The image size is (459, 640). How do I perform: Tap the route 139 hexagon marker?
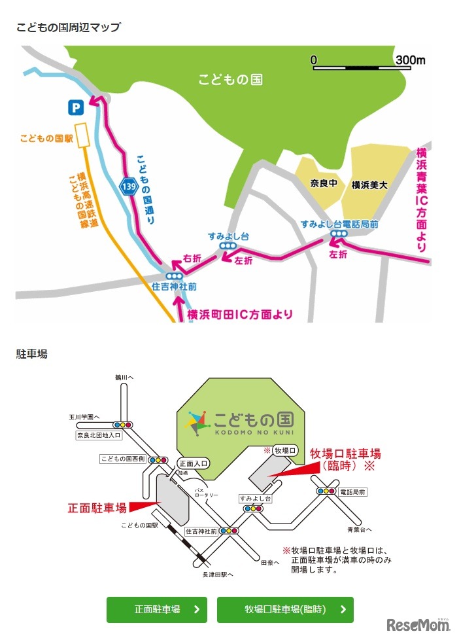(x=129, y=187)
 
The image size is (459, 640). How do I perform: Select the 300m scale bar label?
(x=410, y=60)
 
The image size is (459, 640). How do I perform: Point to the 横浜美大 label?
(x=369, y=185)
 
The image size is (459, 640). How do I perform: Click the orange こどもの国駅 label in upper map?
(x=44, y=138)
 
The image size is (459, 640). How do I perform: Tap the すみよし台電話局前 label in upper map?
(x=339, y=223)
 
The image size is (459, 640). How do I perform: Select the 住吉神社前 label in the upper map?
(x=174, y=287)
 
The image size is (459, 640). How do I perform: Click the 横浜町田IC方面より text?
(x=240, y=314)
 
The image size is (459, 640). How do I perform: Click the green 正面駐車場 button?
(x=157, y=609)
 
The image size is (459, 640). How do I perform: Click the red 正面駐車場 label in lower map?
(x=97, y=507)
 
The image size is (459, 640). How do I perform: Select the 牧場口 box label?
(x=285, y=450)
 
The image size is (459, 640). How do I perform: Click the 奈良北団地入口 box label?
(x=99, y=435)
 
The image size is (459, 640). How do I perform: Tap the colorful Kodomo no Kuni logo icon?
(x=197, y=423)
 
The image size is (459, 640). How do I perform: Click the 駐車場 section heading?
(x=31, y=354)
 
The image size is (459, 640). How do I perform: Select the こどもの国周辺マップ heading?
(x=69, y=27)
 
